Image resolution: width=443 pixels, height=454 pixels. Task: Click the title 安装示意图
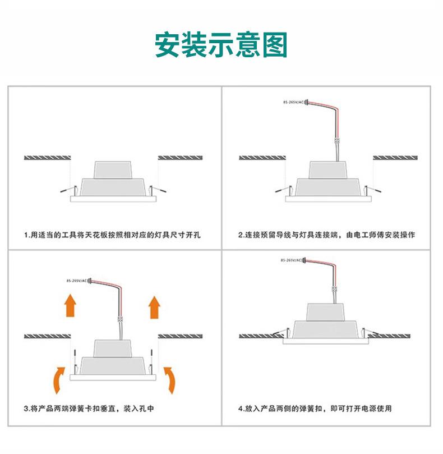click(x=221, y=44)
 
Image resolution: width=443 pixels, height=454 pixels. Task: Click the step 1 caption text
click(x=113, y=235)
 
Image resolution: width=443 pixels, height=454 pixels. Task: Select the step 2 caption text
click(x=327, y=235)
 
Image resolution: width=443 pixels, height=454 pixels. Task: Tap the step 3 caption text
click(x=89, y=409)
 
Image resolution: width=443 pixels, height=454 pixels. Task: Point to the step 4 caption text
click(x=315, y=409)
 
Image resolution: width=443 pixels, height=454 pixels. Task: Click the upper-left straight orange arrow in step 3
click(x=70, y=305)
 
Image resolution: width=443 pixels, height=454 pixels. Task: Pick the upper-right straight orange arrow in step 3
click(x=155, y=307)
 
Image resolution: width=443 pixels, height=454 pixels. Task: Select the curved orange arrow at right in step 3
click(x=170, y=380)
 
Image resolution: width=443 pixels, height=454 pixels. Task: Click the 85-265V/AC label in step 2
click(x=293, y=102)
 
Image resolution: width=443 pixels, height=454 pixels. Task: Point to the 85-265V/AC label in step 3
click(x=77, y=281)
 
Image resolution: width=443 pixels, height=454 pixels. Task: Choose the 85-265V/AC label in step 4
click(x=291, y=260)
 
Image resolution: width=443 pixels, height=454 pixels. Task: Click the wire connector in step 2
click(x=337, y=141)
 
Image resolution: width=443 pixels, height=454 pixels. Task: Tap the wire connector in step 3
click(x=120, y=319)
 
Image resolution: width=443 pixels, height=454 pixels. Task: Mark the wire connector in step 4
click(x=334, y=288)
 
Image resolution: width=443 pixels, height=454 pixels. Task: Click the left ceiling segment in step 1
click(x=48, y=158)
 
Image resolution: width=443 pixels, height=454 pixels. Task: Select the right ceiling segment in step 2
click(x=395, y=158)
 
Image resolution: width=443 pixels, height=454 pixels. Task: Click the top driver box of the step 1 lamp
click(x=113, y=170)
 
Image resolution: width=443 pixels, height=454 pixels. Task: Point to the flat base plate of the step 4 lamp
click(x=326, y=341)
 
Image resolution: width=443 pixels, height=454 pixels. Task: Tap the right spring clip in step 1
click(x=157, y=190)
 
